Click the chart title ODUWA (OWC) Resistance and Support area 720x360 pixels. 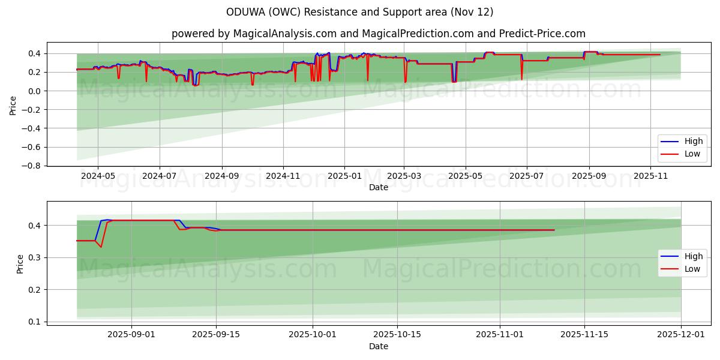pos(360,12)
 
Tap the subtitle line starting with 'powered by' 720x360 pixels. pos(378,34)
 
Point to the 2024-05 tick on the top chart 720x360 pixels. pos(97,176)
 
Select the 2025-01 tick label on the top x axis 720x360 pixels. pos(344,176)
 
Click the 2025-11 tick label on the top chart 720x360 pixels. pos(651,176)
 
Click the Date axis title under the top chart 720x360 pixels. pos(378,187)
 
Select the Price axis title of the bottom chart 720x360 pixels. pos(20,264)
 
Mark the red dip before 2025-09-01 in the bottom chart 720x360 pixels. pos(101,247)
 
